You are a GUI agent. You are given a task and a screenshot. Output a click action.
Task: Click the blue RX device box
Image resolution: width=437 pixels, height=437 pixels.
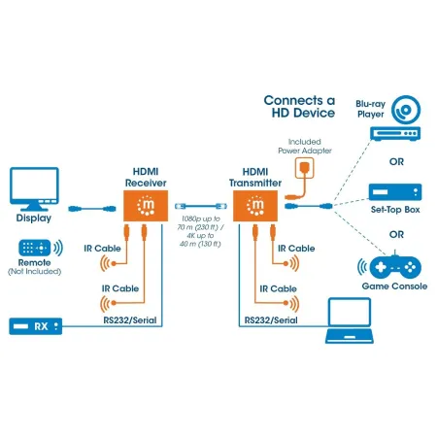tap(37, 324)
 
